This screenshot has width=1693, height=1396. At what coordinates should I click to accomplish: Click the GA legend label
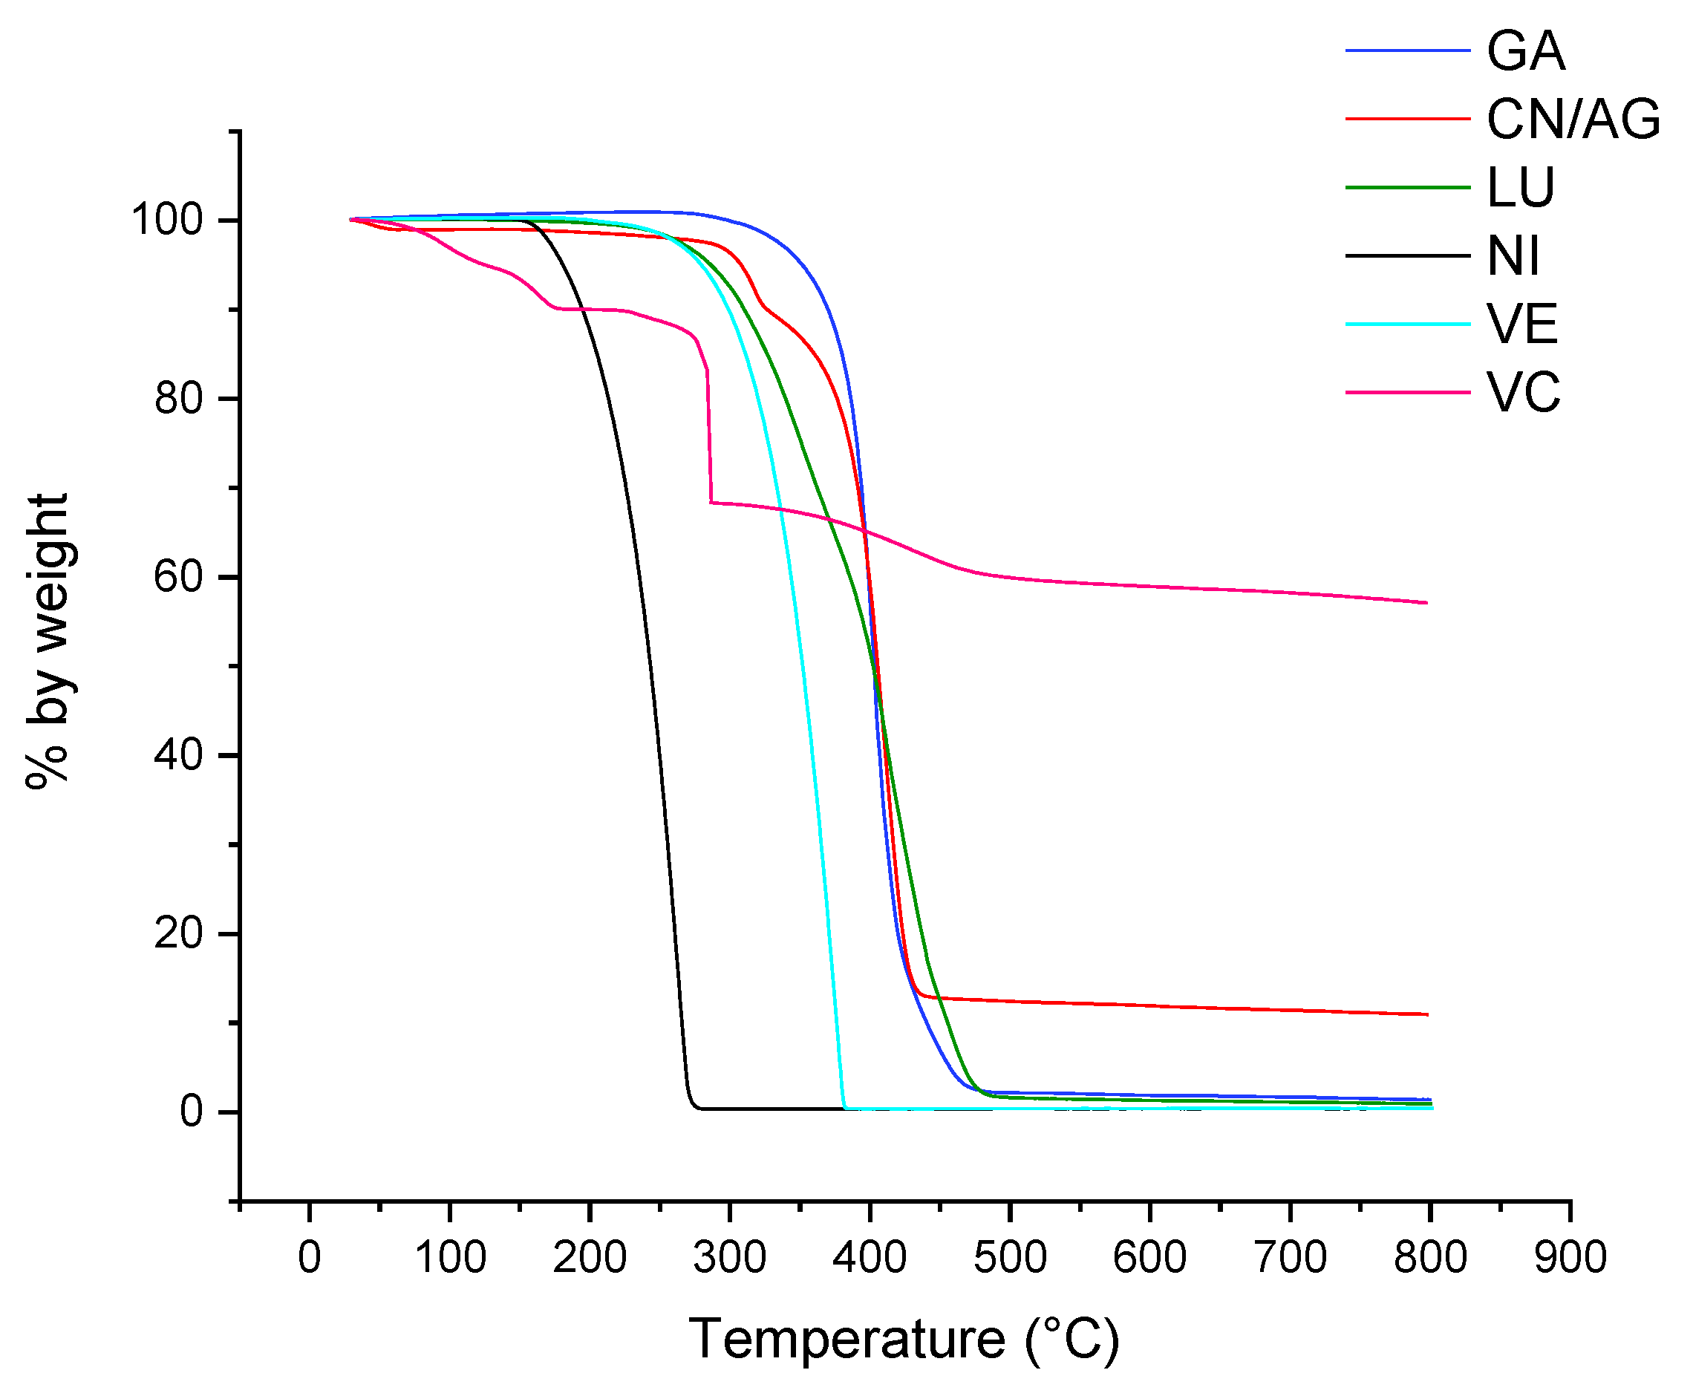click(1525, 51)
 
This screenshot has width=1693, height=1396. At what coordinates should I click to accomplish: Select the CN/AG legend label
click(1573, 120)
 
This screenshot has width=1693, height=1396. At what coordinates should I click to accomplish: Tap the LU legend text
click(1520, 188)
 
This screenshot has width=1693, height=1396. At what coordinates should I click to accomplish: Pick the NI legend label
click(1513, 256)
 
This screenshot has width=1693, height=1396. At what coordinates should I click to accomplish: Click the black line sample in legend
click(1407, 256)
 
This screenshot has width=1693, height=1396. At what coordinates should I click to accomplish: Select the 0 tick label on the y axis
click(192, 1112)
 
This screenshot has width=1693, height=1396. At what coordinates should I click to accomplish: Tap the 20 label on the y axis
click(177, 933)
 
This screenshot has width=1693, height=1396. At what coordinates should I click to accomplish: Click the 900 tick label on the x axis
click(1569, 1257)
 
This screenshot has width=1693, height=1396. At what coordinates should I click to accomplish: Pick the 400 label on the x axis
click(870, 1257)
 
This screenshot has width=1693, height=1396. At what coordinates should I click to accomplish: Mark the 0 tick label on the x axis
click(310, 1257)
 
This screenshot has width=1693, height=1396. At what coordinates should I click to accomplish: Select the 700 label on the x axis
click(1289, 1257)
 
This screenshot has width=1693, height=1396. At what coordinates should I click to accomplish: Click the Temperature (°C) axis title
click(903, 1339)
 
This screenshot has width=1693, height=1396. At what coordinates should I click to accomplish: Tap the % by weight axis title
click(48, 641)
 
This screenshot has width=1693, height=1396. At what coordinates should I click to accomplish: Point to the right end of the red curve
click(1426, 1015)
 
